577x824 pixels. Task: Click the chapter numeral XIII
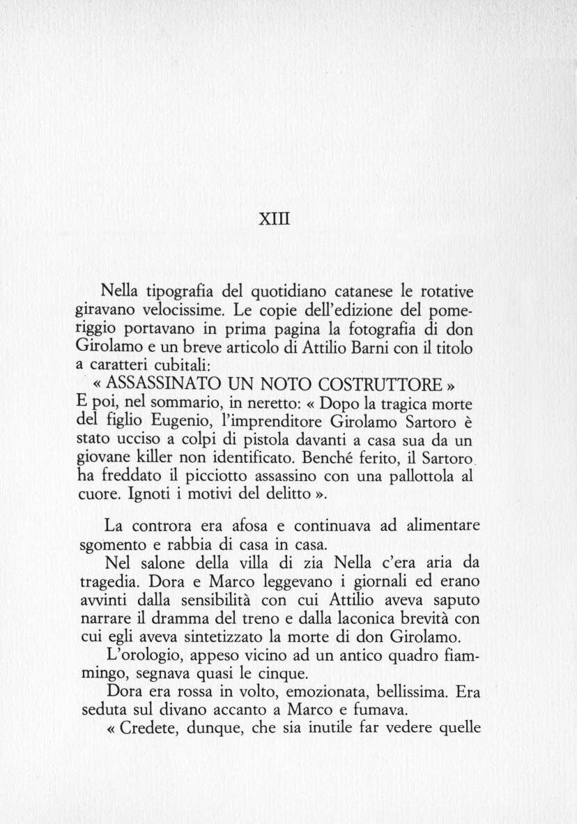point(273,219)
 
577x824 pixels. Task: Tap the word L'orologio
point(139,656)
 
